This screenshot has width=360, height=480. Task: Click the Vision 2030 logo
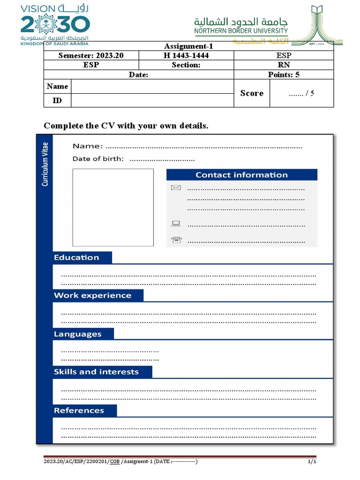[x=55, y=24]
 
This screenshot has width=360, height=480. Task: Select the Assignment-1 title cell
[x=188, y=46]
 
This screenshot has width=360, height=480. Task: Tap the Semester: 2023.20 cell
[x=91, y=56]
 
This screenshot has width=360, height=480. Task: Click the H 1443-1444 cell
[x=186, y=56]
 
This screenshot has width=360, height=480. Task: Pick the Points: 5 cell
[x=284, y=75]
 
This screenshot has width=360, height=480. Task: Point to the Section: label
[x=186, y=65]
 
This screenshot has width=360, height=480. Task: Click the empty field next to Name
[x=152, y=86]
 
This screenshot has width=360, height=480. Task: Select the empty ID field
[x=152, y=100]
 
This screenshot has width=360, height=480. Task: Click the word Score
[x=252, y=93]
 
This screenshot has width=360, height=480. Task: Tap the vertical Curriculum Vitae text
[x=45, y=165]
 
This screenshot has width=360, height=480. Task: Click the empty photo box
[x=113, y=207]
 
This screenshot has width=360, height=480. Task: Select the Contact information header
[x=241, y=175]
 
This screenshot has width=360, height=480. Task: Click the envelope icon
[x=176, y=188]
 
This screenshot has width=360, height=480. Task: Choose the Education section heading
[x=76, y=257]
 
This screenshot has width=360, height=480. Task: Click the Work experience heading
[x=92, y=295]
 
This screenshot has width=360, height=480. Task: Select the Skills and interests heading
[x=96, y=372]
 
